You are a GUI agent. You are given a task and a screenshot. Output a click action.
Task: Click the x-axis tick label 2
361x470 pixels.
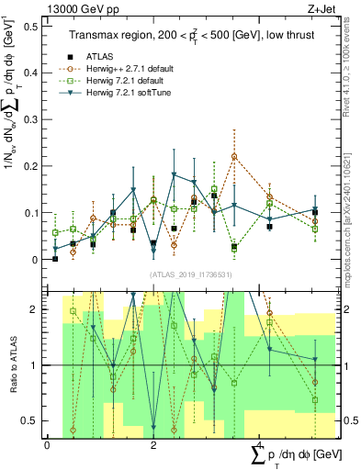click(153, 445)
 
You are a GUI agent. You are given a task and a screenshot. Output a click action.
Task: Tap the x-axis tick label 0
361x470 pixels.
click(47, 445)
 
